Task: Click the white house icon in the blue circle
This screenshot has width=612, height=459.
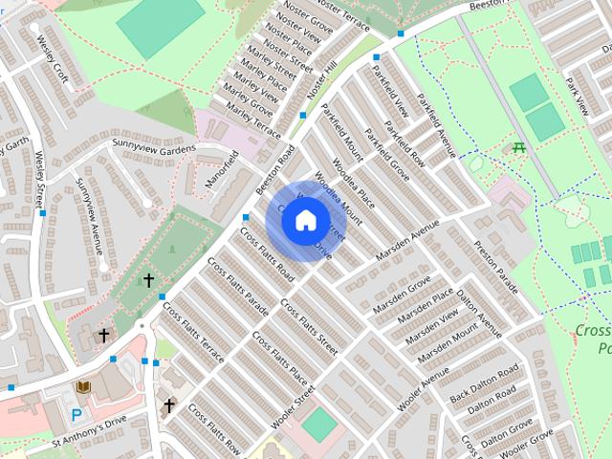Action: (305, 221)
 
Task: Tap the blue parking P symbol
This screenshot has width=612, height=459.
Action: (76, 415)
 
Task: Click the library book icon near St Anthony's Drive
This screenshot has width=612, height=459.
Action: (82, 387)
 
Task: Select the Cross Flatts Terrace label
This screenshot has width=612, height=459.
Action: (193, 334)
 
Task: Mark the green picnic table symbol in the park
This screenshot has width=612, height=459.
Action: (519, 147)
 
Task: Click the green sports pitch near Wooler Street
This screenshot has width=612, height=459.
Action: (319, 425)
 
